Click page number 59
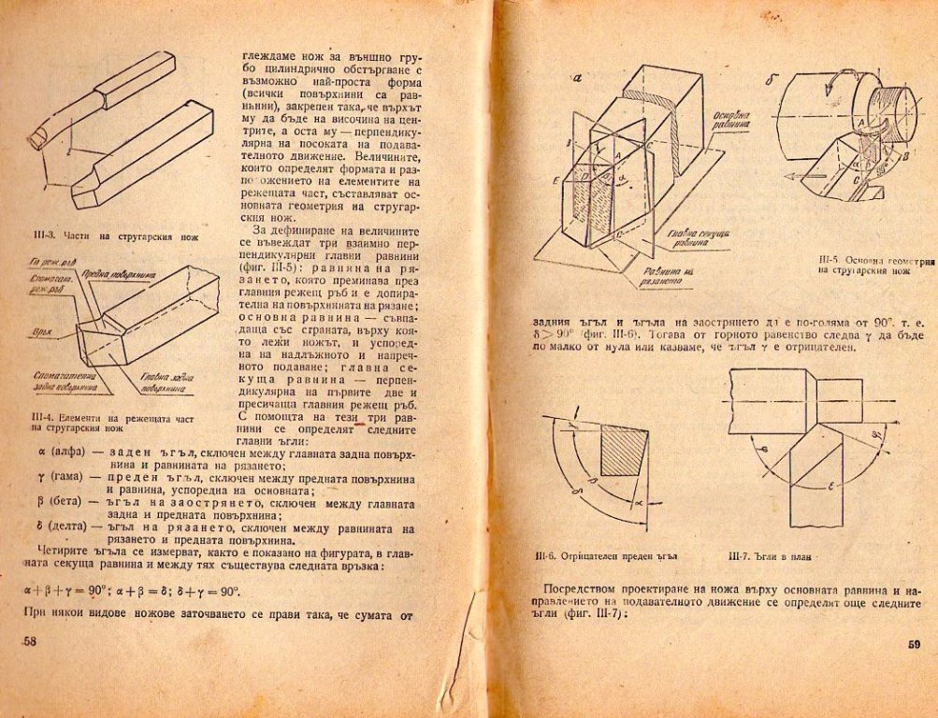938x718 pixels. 914,644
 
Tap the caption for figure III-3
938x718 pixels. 115,237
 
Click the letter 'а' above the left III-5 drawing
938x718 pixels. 577,79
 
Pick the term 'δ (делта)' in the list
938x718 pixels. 55,529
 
